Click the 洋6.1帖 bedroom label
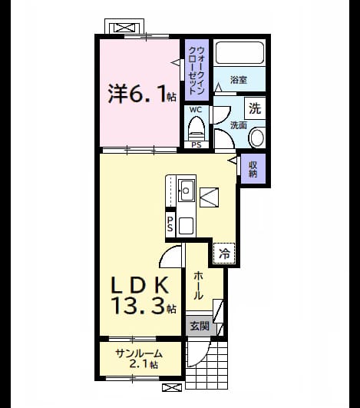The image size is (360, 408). [x=142, y=94]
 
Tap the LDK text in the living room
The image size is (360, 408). [x=140, y=284]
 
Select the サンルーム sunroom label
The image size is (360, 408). [x=139, y=353]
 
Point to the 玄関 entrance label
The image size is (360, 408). [x=200, y=326]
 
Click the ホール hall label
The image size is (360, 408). [x=198, y=285]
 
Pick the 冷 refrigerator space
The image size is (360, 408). [x=224, y=254]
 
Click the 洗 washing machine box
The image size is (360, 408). [x=255, y=108]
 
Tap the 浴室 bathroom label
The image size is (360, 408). [x=239, y=80]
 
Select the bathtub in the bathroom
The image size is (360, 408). [x=240, y=52]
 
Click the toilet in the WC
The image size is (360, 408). [x=196, y=129]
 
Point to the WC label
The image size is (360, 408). [x=196, y=110]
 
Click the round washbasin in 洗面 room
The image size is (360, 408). [x=257, y=138]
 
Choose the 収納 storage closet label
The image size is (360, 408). [x=253, y=169]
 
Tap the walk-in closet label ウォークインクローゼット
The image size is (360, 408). [x=197, y=70]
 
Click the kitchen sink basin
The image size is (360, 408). [x=187, y=191]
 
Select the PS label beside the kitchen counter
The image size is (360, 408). [x=170, y=224]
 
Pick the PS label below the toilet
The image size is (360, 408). [x=197, y=144]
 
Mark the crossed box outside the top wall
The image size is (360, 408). [x=124, y=28]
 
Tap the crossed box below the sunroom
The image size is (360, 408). [x=172, y=387]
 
